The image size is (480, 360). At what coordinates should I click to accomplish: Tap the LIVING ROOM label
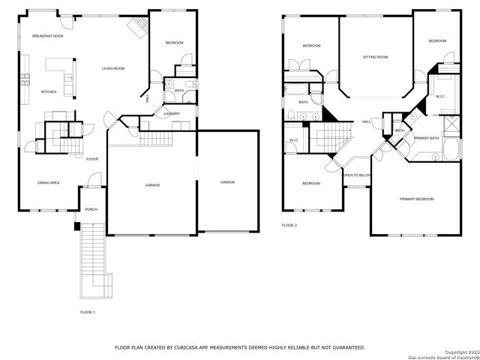[113, 69]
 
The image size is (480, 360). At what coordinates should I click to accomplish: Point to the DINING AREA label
[49, 182]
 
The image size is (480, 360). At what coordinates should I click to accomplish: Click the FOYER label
[92, 159]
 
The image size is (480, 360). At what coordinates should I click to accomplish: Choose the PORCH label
[91, 209]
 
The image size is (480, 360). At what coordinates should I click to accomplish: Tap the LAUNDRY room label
[171, 113]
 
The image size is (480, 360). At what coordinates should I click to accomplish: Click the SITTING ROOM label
[375, 57]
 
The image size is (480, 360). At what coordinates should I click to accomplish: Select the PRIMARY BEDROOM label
[416, 199]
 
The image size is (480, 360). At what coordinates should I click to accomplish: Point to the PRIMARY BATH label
[426, 138]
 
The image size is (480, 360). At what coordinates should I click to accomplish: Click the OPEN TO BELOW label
[357, 175]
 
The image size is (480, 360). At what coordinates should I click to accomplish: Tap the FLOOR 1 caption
[88, 311]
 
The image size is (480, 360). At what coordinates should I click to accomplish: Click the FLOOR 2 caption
[289, 225]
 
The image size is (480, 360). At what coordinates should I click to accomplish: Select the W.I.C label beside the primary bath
[440, 97]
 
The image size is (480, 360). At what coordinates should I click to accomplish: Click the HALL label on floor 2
[366, 121]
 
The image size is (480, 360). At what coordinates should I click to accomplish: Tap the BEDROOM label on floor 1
[174, 43]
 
